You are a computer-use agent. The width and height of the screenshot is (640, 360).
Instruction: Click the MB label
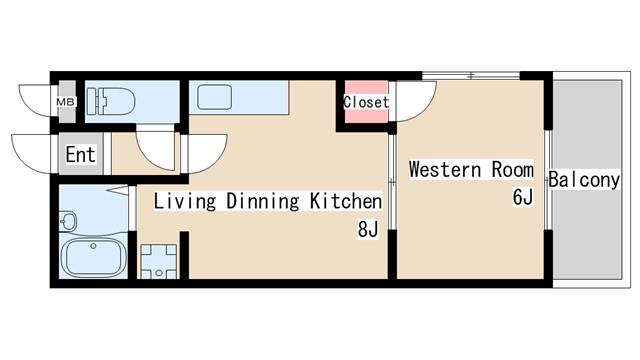point(65,102)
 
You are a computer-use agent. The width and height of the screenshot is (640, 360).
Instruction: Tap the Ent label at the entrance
point(81,154)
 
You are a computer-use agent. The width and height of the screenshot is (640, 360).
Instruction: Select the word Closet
point(366,102)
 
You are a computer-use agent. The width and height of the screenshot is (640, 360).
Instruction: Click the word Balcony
point(584,180)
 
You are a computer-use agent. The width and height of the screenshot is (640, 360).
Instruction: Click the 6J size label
point(523,197)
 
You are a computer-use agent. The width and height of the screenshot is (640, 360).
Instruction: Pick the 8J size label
point(368,230)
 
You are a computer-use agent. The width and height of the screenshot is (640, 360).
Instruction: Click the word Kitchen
point(346,201)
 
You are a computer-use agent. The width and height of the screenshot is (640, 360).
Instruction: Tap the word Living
point(184,202)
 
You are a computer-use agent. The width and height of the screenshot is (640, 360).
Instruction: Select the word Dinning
point(262,202)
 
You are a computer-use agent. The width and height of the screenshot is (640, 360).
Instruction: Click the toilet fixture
point(111,101)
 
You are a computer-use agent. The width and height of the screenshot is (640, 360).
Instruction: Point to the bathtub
point(93,257)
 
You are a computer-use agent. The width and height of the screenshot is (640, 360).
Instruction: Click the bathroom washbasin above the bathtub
point(68,221)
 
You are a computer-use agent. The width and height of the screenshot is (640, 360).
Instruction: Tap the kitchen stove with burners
point(159,261)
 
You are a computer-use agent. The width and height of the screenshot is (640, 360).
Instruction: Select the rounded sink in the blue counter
point(215,97)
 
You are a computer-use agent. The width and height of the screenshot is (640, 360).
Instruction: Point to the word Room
point(513,169)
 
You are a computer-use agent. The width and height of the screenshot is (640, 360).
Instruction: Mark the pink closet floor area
point(366,102)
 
